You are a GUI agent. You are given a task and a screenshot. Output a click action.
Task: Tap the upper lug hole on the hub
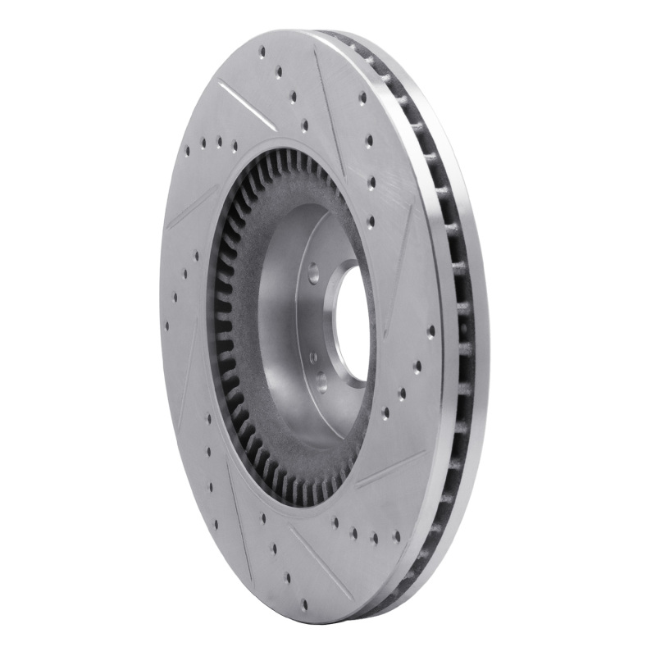[312, 267]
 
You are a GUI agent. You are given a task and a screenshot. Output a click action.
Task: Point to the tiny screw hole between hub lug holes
[313, 358]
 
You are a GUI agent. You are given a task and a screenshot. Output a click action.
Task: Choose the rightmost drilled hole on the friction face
[431, 331]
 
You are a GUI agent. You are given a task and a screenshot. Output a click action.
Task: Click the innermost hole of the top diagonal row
[305, 125]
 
